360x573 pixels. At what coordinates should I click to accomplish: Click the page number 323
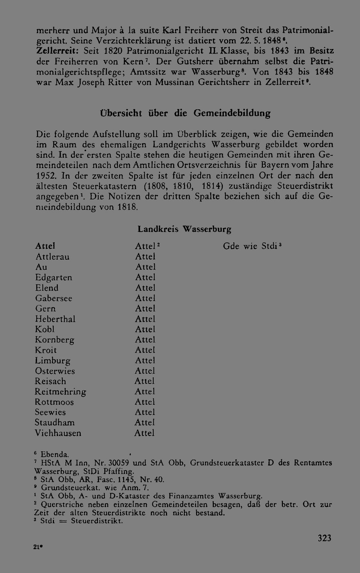click(324, 538)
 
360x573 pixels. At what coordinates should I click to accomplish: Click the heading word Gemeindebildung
click(232, 113)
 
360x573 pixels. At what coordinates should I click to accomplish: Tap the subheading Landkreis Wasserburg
click(184, 229)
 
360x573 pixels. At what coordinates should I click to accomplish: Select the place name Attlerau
click(53, 257)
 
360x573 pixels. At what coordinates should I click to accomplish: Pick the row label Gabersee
click(54, 299)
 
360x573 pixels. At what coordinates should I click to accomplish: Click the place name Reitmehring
click(60, 392)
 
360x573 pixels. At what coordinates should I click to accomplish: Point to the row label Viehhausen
click(58, 433)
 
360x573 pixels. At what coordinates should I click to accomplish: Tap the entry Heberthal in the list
click(55, 319)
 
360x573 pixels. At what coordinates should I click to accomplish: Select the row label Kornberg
click(55, 340)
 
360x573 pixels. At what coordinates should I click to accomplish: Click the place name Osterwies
click(55, 371)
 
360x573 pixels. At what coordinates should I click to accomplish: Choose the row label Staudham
click(55, 423)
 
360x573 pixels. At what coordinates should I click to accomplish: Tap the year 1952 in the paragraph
click(46, 176)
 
